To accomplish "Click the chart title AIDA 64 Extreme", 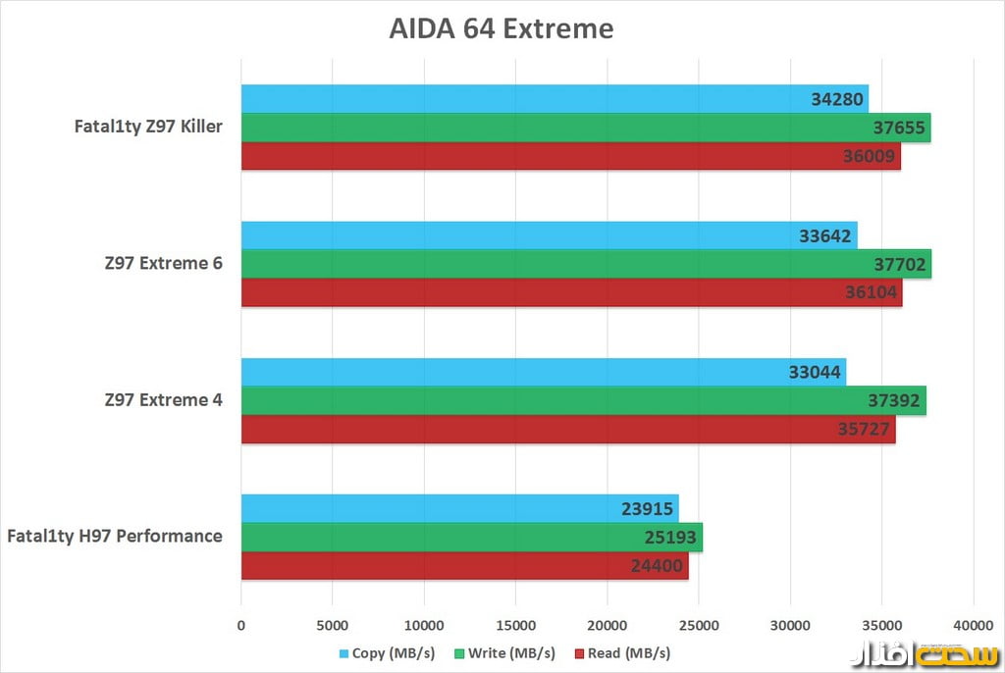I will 502,28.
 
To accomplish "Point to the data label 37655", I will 900,128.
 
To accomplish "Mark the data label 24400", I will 658,565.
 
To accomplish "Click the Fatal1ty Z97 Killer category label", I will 148,127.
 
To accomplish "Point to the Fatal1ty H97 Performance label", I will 115,537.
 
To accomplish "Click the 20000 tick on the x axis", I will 607,625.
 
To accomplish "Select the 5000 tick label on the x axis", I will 332,625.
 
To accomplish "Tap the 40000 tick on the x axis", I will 973,625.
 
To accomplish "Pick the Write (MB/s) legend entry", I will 506,653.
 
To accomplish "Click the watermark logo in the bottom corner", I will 922,651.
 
